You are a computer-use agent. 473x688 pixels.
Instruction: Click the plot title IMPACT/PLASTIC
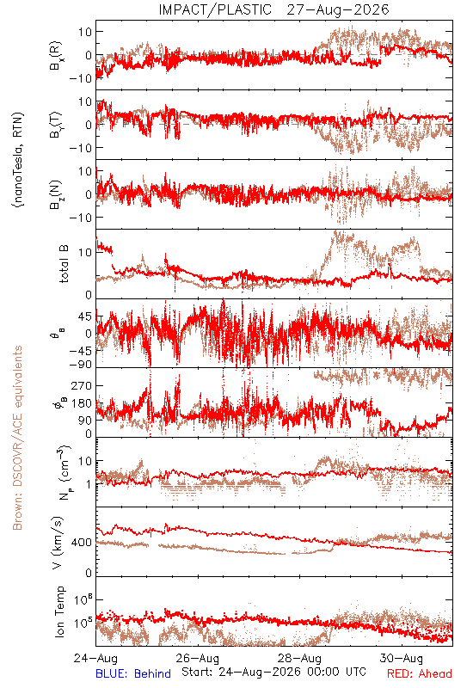[215, 9]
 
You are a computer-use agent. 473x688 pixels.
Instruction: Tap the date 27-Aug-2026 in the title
[338, 9]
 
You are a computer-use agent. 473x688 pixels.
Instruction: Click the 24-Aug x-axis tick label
[95, 658]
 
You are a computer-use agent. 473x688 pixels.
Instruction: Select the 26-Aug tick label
[198, 658]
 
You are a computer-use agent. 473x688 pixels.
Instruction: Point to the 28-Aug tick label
[300, 658]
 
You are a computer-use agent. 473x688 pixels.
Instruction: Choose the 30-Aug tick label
[402, 658]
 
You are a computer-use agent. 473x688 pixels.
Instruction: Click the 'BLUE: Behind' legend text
[133, 673]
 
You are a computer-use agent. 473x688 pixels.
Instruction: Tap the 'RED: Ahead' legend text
[420, 673]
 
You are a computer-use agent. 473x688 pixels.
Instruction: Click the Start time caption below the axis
[273, 672]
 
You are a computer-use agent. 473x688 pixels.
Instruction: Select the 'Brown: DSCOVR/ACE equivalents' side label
[17, 438]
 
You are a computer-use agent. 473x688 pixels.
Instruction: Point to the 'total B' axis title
[64, 264]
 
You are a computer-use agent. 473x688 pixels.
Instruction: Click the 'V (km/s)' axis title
[58, 544]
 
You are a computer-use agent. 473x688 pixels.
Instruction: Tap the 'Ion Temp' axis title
[59, 611]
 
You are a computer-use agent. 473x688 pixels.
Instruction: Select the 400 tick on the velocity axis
[82, 543]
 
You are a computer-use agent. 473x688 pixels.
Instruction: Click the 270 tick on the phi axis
[82, 386]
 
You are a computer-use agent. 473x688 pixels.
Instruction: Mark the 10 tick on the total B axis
[85, 253]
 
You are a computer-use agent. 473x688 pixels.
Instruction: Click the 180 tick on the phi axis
[82, 403]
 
